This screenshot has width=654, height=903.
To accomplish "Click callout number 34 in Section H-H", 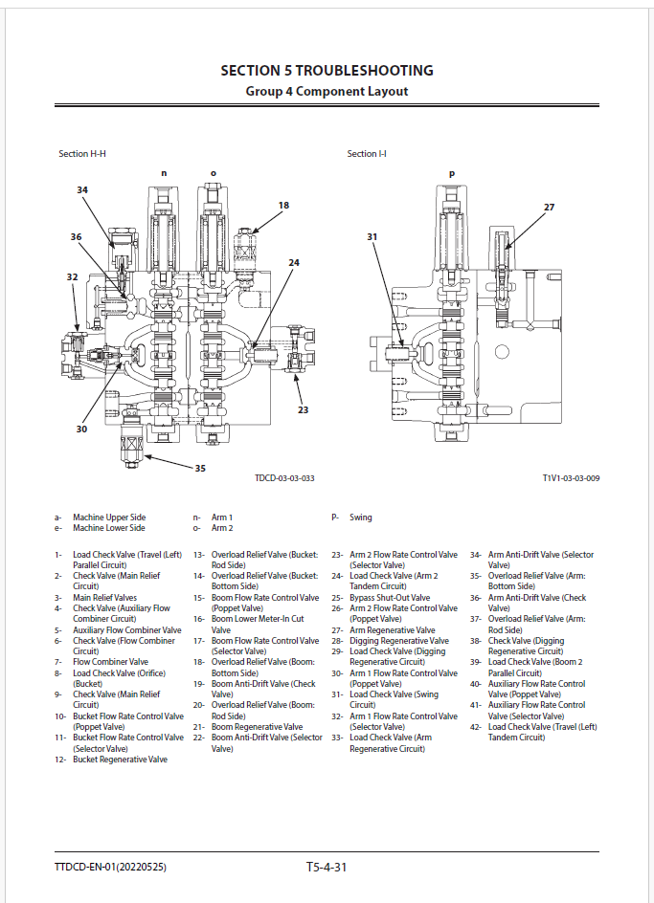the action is coord(82,190).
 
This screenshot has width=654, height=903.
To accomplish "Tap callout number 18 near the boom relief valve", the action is coord(283,206).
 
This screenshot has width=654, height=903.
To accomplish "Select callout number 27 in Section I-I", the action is coord(549,208).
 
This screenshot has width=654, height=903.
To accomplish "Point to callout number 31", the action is coord(372,236).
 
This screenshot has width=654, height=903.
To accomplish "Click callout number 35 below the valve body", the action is coord(200,468).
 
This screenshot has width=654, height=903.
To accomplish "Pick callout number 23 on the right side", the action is coord(304,410).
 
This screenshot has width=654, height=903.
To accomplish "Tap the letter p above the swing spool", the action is coord(452,174).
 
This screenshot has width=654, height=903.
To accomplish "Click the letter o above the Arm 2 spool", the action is coord(214,173).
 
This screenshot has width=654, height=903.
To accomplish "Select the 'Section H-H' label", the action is coord(82,154).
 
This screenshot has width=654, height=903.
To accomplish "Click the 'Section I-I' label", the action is coord(367,154).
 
